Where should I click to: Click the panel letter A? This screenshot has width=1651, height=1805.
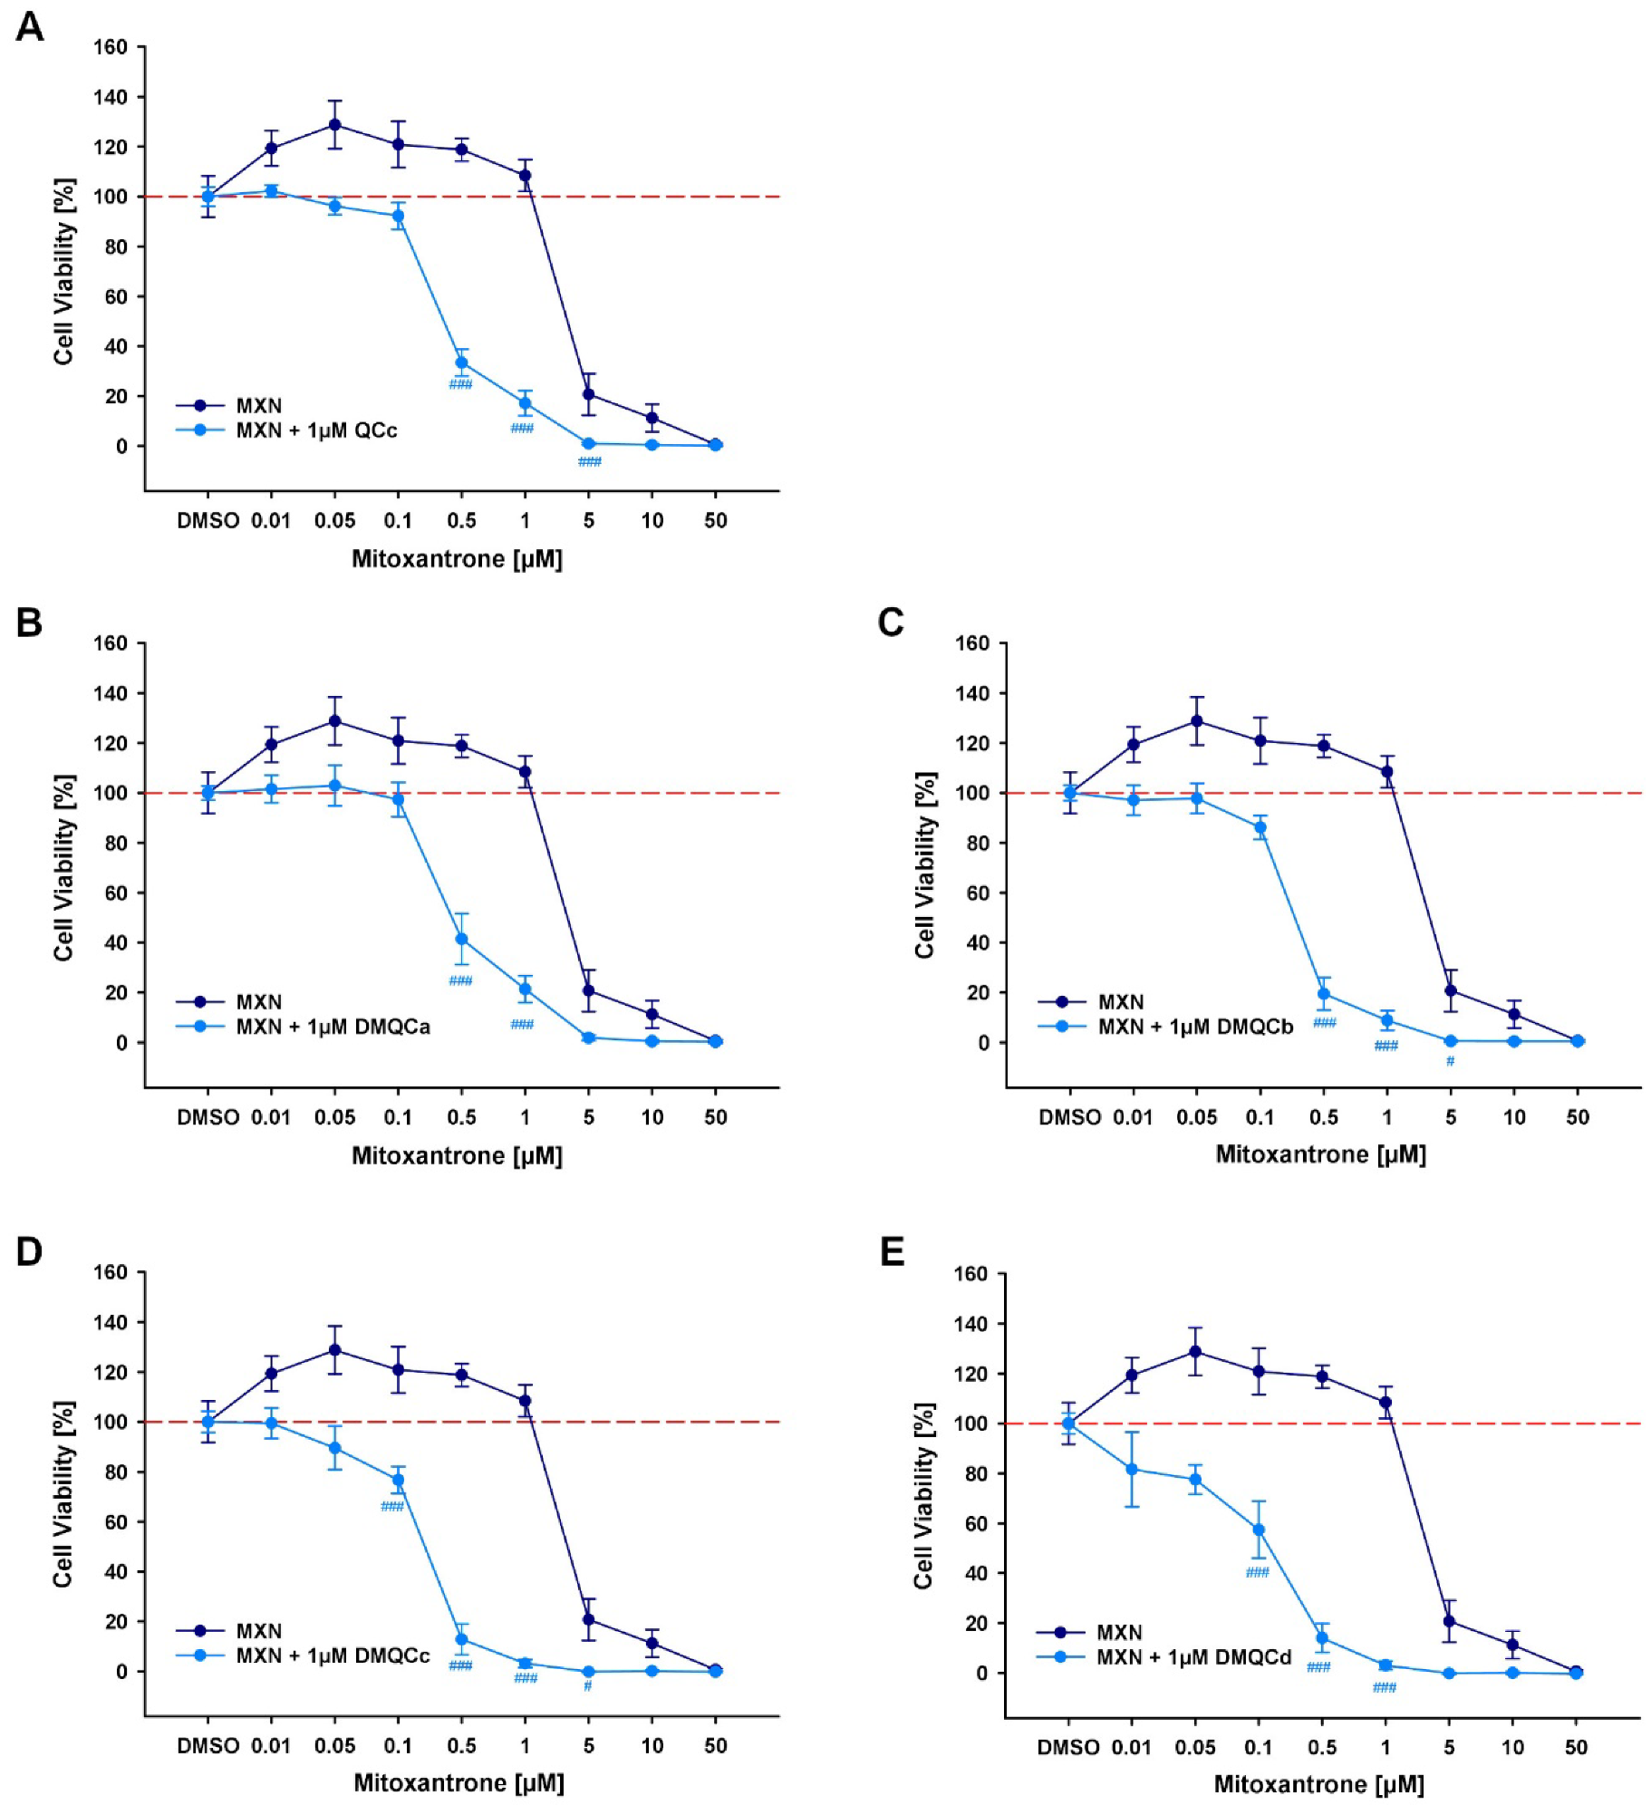tap(29, 26)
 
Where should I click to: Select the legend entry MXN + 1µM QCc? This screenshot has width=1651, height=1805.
tap(315, 430)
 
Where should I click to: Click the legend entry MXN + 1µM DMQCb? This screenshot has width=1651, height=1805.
tap(1194, 1027)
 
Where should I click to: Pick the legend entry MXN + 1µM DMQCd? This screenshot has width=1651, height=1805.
tap(1192, 1657)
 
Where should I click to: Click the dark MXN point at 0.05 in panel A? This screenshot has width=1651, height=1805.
tap(334, 124)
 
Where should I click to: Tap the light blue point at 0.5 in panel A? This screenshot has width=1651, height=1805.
tap(461, 362)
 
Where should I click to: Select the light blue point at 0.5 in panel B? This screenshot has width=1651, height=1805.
tap(461, 939)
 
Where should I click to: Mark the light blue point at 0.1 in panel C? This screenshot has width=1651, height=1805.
tap(1260, 827)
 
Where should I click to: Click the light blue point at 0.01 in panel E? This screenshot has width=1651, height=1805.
tap(1132, 1469)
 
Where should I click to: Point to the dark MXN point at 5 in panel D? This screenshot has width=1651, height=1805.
tap(588, 1619)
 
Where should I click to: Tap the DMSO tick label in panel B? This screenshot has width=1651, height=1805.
tap(208, 1117)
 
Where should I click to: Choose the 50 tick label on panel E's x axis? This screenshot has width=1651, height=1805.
tap(1576, 1746)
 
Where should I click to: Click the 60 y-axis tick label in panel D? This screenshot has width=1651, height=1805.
tap(116, 1521)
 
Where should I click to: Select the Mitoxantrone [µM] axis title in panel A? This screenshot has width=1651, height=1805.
tap(457, 559)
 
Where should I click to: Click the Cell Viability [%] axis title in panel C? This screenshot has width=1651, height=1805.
tap(923, 865)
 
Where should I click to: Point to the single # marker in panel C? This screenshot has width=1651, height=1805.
tap(1450, 1061)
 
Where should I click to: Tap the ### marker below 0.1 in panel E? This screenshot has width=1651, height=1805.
tap(1257, 1572)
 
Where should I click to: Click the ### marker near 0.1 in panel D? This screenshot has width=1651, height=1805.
tap(391, 1507)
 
